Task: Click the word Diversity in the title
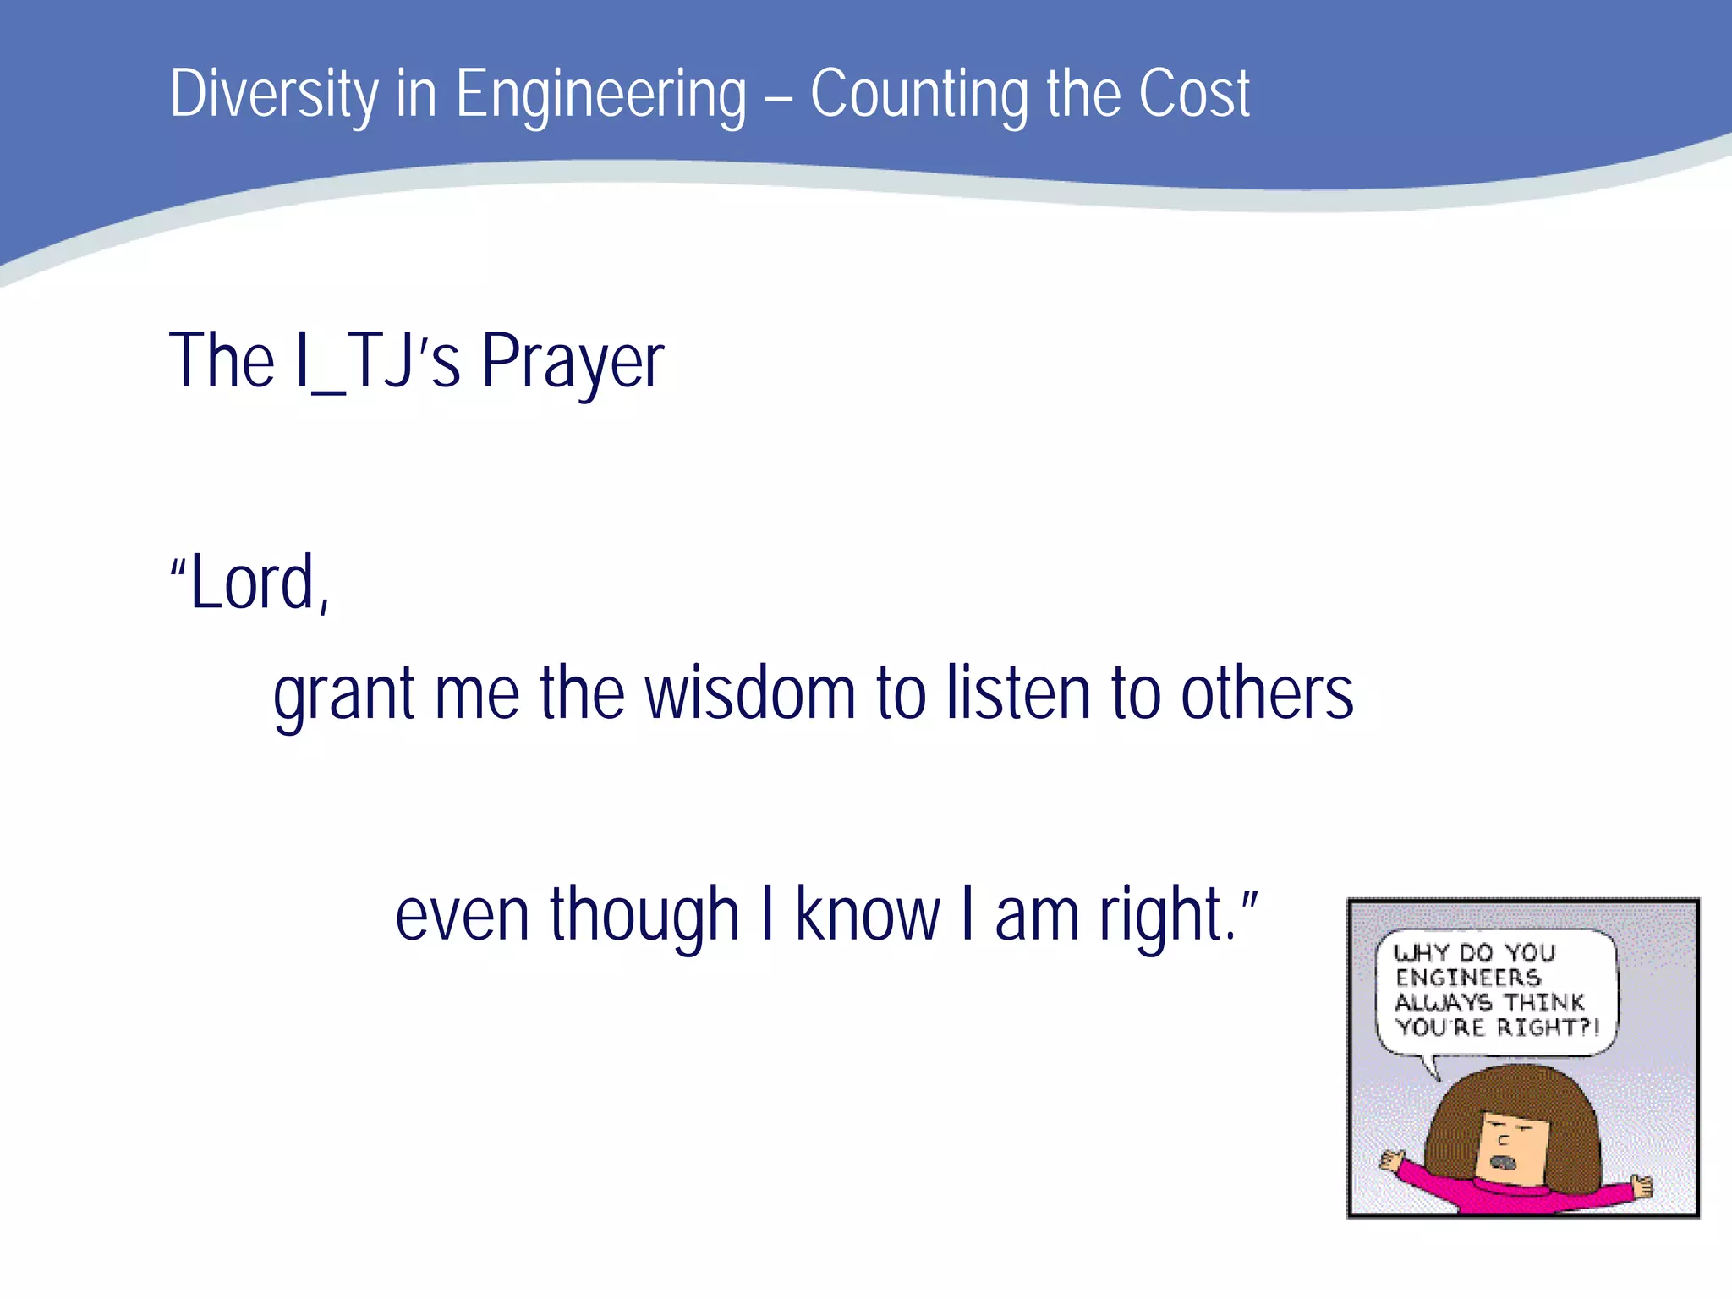tap(274, 93)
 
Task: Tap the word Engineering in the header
tap(600, 95)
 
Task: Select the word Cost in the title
tap(1193, 93)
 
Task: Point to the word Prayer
tap(573, 362)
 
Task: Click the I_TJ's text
tap(378, 362)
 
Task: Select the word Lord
tap(252, 583)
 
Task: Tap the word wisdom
tap(750, 693)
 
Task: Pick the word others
tap(1266, 693)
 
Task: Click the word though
tap(644, 915)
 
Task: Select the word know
tap(868, 915)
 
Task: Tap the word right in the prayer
tap(1160, 915)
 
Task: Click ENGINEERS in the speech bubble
tap(1467, 978)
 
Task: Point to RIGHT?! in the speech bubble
tap(1547, 1028)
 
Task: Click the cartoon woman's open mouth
tap(1503, 1164)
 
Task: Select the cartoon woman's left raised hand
tap(1390, 1159)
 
